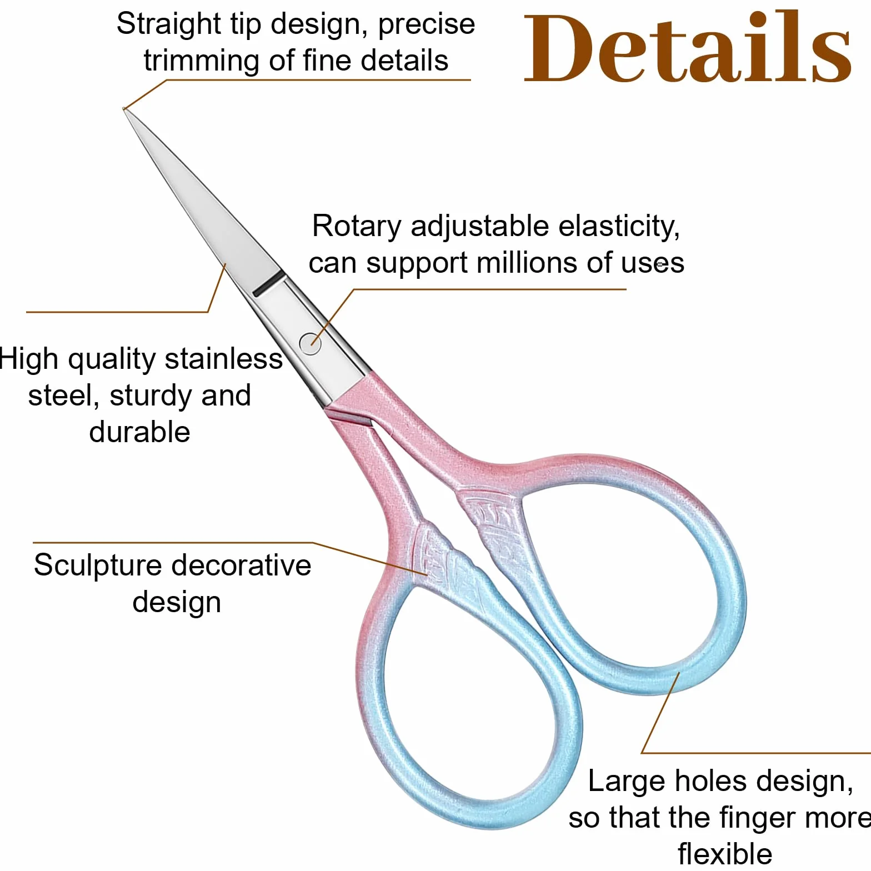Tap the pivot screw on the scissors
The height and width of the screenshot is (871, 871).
point(310,343)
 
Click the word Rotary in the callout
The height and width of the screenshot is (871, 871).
point(357,226)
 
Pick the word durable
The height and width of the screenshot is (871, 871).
point(140,432)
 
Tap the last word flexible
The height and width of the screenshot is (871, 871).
point(725,854)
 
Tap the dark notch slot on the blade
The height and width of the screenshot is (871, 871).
point(267,283)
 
